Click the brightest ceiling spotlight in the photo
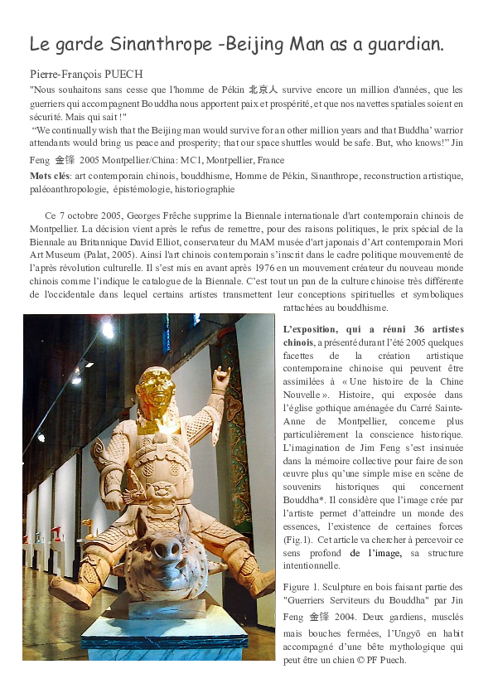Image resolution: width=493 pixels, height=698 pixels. tap(107, 330)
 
